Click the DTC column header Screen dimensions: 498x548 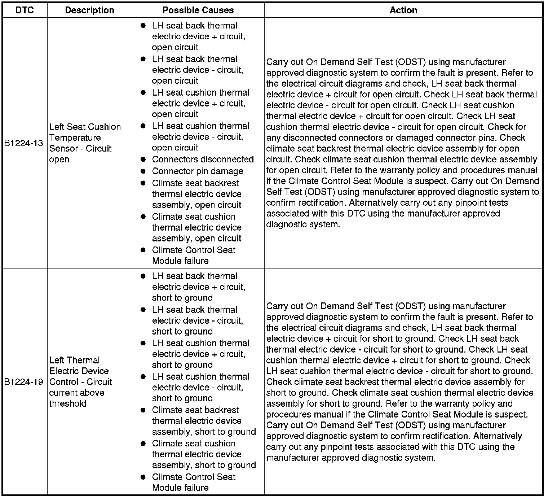[x=25, y=10]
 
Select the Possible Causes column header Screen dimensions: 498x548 [x=198, y=10]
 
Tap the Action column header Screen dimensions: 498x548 [x=403, y=10]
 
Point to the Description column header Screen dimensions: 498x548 [x=89, y=10]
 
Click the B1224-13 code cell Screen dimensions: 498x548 [x=24, y=143]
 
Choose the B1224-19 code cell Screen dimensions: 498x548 [x=24, y=382]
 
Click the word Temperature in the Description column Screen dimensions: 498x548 [x=75, y=138]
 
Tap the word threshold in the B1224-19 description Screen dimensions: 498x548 [x=68, y=403]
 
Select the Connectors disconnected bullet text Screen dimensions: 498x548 [x=203, y=160]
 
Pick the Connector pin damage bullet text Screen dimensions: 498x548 [x=197, y=171]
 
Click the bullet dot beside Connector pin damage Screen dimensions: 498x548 [x=143, y=171]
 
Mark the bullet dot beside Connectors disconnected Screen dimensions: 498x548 [x=143, y=159]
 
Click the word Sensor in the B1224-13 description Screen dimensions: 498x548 [x=62, y=149]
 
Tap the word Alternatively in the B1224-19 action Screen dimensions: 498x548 [x=497, y=436]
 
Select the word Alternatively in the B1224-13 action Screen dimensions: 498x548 [x=373, y=203]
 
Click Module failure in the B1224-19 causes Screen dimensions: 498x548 [x=180, y=488]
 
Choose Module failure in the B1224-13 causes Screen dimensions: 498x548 [x=180, y=261]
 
